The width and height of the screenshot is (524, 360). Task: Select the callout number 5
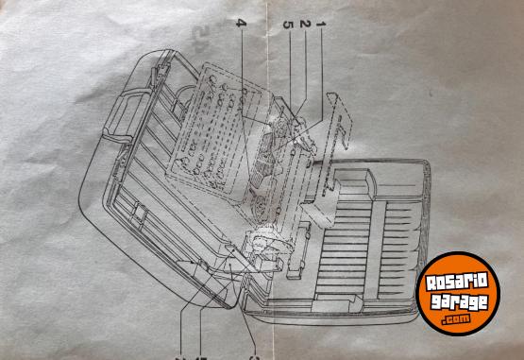tap(289, 23)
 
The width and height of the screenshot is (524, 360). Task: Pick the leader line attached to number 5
tap(291, 66)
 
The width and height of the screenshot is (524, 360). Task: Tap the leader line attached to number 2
tap(306, 71)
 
